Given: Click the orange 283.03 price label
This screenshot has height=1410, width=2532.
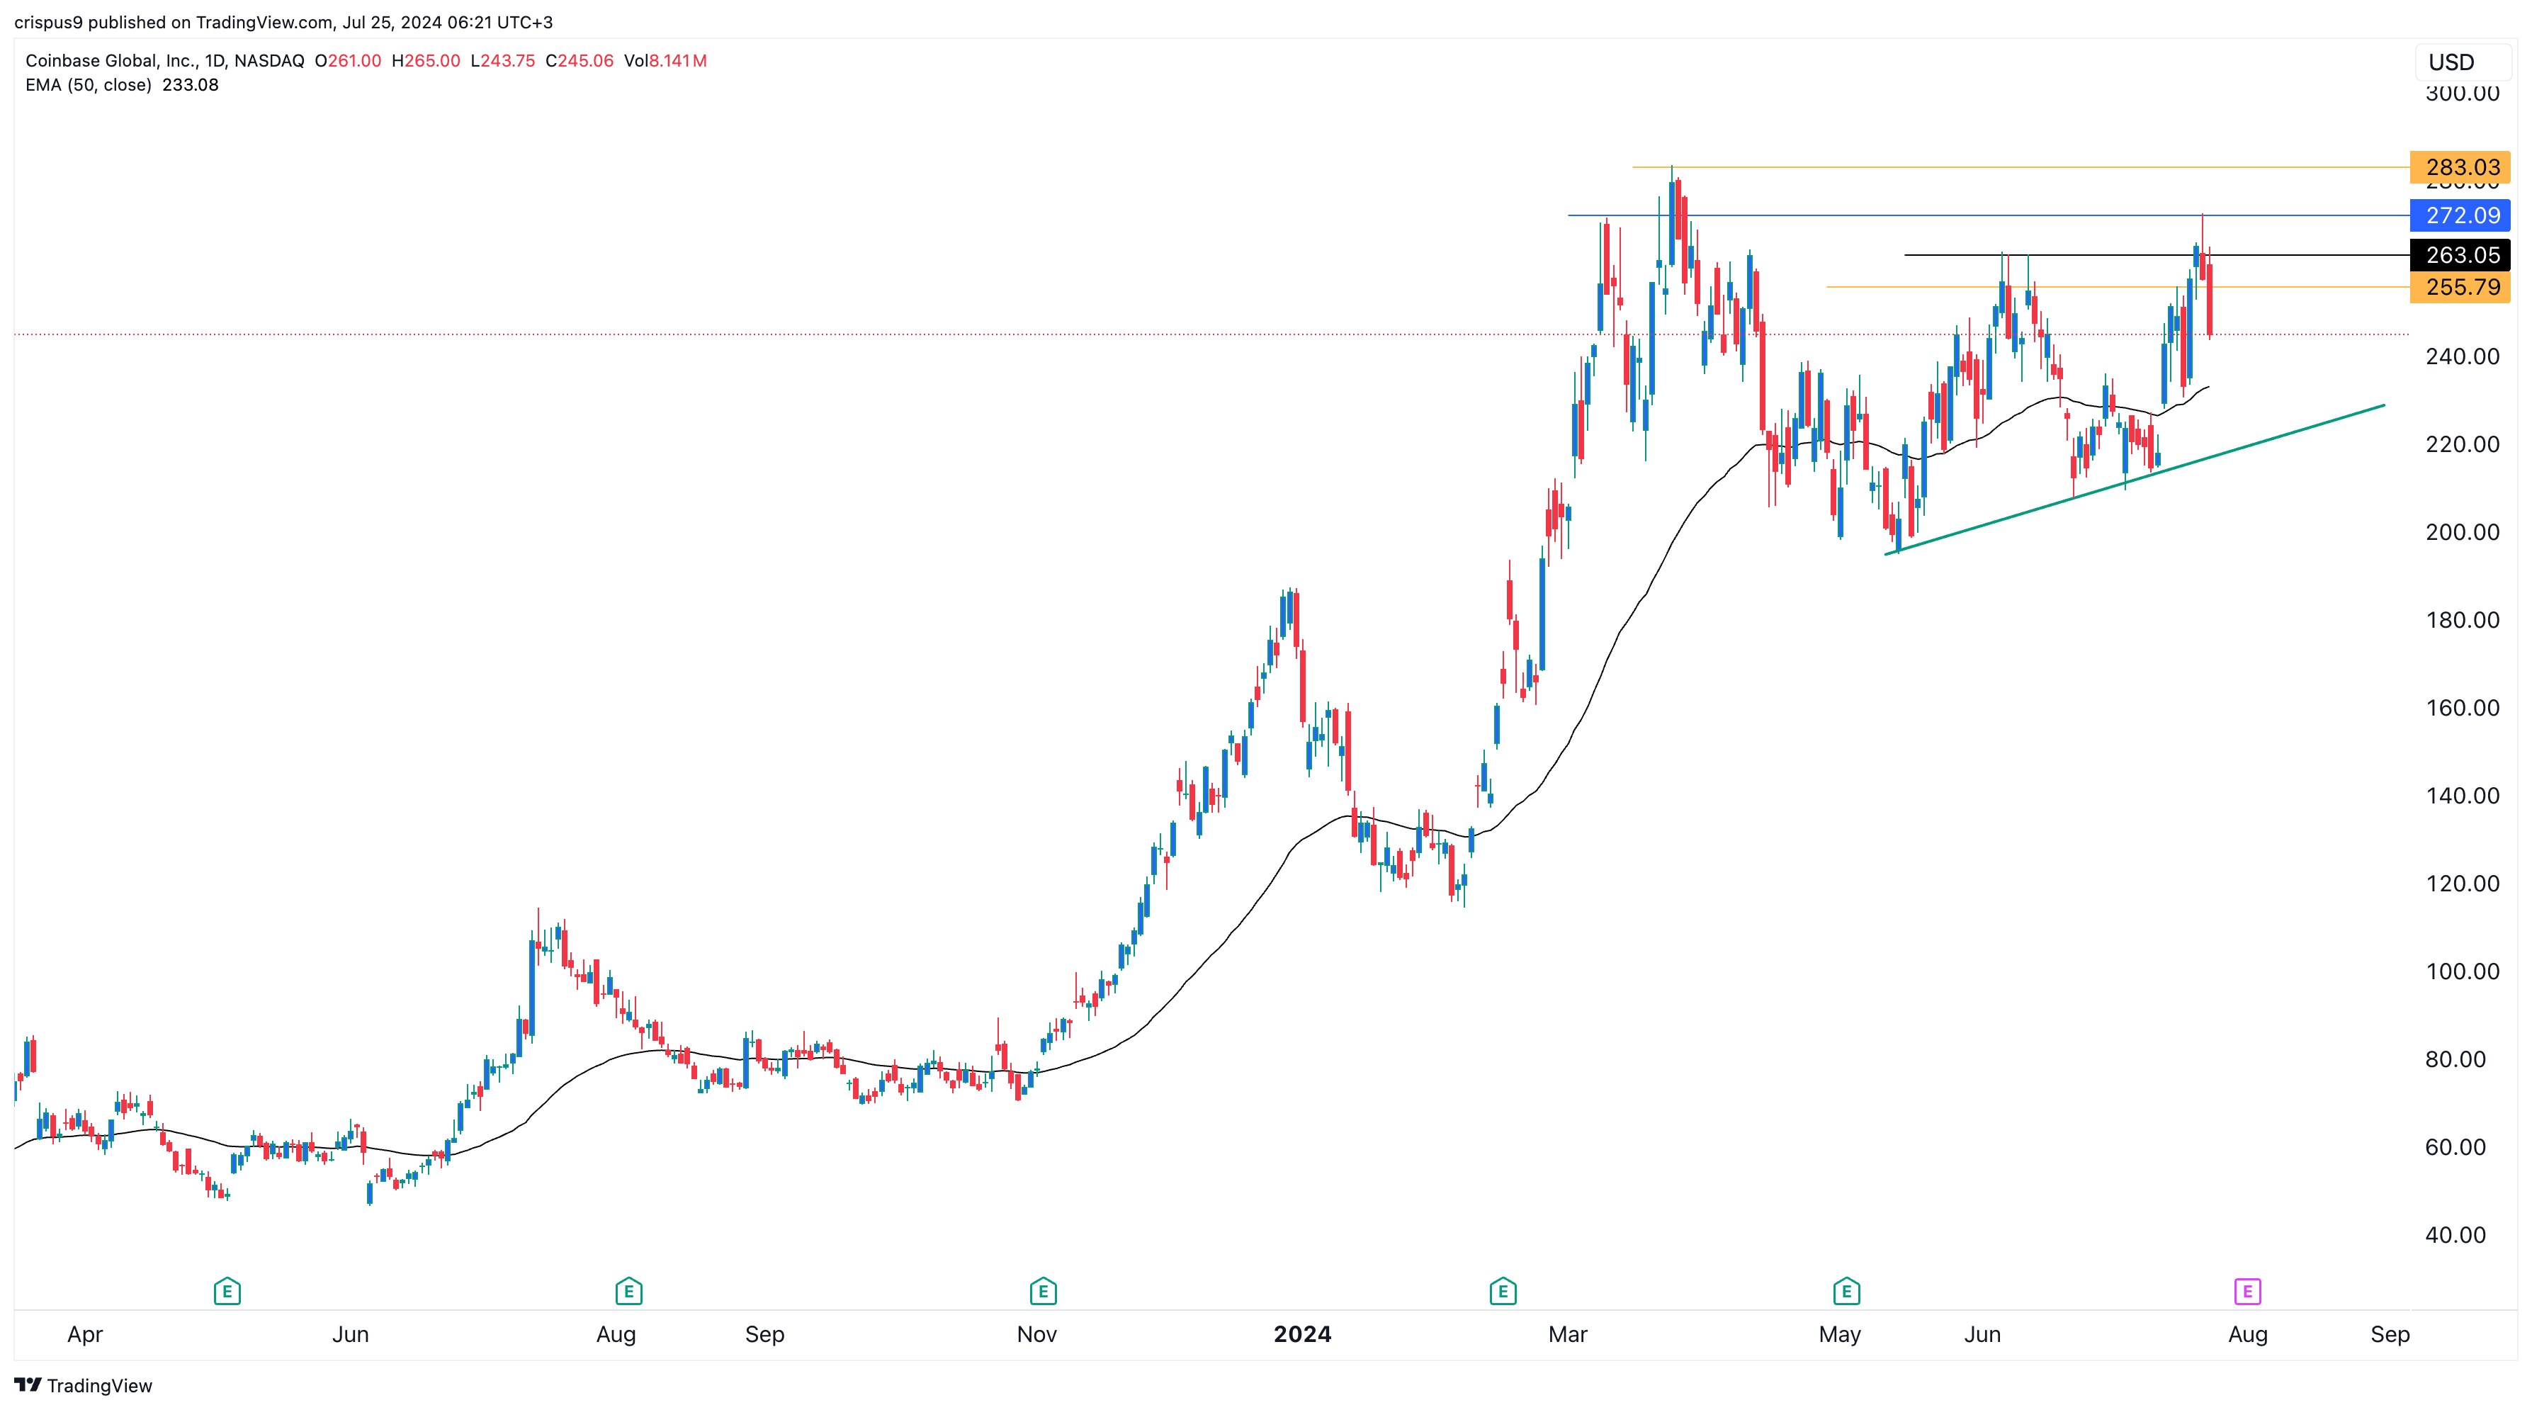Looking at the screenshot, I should [2461, 167].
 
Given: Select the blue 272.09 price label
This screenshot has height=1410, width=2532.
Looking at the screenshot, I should [2461, 215].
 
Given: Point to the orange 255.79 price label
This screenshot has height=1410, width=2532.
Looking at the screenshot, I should [2461, 287].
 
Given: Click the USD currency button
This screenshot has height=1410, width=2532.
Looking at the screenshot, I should [2451, 62].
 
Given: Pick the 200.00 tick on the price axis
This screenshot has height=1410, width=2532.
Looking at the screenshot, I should [2461, 532].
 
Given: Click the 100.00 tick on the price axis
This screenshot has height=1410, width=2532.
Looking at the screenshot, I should [2461, 971].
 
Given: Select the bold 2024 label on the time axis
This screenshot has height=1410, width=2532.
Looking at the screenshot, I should [1302, 1334].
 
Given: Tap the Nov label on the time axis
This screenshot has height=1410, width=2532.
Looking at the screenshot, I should [1036, 1334].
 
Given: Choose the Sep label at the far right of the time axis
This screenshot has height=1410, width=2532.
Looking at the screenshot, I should [2390, 1334].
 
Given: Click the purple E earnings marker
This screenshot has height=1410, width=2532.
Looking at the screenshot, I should [2247, 1291].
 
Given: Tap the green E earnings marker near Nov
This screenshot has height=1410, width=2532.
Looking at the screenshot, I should [1043, 1291].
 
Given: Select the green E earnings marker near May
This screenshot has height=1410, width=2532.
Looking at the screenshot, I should [1846, 1291].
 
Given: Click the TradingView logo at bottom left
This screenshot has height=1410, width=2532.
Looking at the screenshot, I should [84, 1385].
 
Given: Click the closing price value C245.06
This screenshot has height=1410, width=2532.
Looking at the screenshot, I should [579, 61].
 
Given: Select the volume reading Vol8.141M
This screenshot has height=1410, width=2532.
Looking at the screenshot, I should [665, 61].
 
